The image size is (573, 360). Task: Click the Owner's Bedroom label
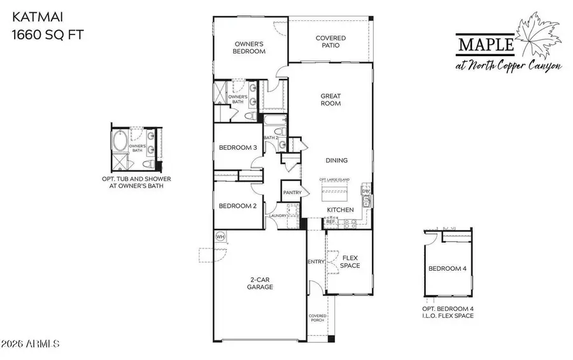(x=250, y=48)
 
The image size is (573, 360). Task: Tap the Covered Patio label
(x=331, y=42)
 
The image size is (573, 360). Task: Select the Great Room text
(x=330, y=99)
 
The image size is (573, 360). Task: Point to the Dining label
(x=337, y=161)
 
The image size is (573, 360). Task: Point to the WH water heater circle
(x=221, y=236)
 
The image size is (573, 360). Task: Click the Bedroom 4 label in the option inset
(x=447, y=269)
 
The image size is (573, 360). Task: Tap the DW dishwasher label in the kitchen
(x=365, y=191)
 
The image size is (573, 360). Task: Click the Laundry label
(x=278, y=216)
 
